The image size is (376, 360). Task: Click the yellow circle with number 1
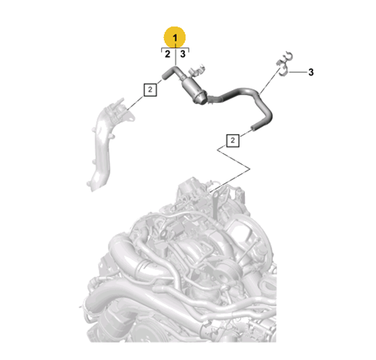tap(175, 37)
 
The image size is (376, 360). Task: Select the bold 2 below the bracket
tap(168, 54)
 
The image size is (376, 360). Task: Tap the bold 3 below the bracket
tap(183, 54)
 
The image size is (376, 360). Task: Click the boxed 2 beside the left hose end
tap(150, 89)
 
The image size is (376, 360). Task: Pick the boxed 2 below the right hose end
tap(233, 140)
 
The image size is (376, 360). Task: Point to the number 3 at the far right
tap(311, 72)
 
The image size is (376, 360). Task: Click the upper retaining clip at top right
tap(286, 58)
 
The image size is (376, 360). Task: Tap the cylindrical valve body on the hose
tap(194, 91)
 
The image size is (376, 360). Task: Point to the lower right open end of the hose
tap(253, 127)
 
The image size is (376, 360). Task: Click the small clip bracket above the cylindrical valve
tap(196, 70)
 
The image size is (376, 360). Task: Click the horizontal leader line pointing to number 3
tap(298, 72)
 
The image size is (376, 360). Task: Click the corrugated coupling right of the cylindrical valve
tap(214, 99)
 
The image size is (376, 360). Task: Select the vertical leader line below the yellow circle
tap(176, 56)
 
